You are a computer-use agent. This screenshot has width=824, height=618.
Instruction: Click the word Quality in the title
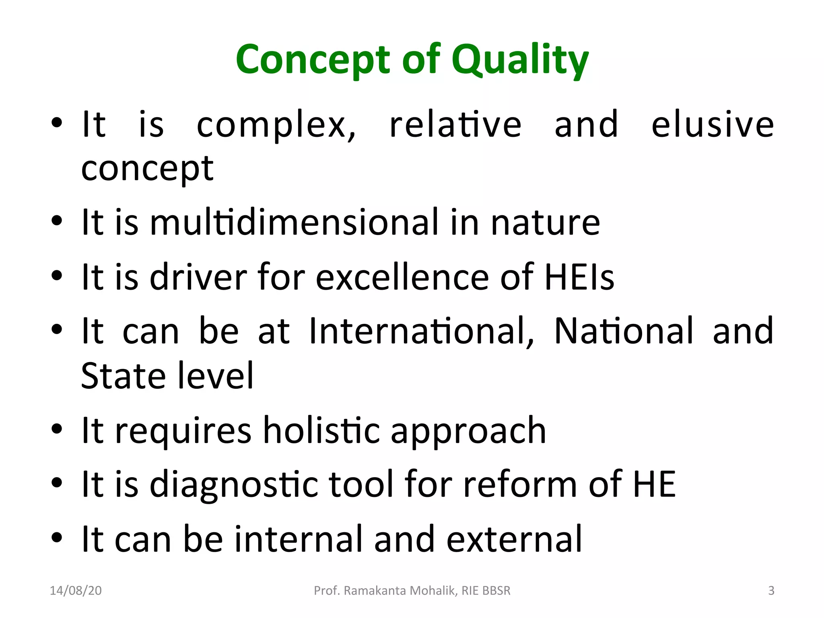coord(520,60)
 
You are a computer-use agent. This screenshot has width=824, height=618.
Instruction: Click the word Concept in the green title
coord(313,60)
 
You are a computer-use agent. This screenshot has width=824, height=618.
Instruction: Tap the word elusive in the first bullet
coord(713,124)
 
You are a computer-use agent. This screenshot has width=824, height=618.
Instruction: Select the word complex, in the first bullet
coord(276,126)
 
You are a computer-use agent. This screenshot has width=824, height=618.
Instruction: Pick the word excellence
coord(402,277)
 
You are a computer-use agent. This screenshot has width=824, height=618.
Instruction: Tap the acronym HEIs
coord(579,277)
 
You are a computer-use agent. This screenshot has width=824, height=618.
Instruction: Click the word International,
coord(422,331)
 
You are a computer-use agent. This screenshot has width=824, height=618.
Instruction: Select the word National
coord(624,331)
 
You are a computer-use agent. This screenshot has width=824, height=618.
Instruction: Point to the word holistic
coord(321,431)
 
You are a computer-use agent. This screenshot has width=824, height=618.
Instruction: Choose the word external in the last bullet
coord(514,539)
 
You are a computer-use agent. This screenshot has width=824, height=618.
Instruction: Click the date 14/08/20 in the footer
coord(76,591)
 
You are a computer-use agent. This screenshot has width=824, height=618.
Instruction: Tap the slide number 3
coord(771,591)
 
